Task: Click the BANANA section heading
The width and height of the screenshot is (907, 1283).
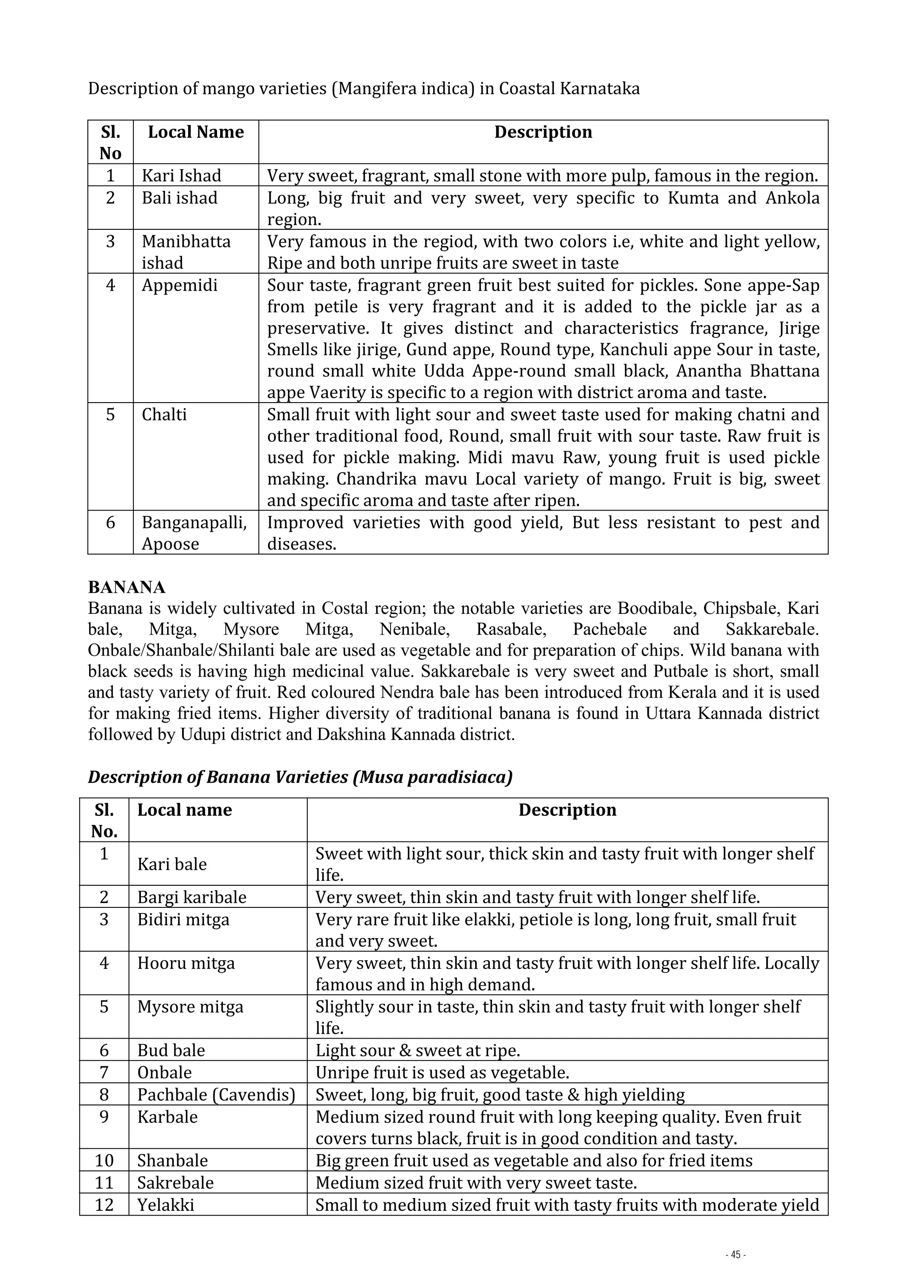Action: (127, 587)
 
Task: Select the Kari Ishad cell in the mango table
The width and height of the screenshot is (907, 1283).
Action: (182, 176)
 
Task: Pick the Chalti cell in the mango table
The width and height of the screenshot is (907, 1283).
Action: (164, 415)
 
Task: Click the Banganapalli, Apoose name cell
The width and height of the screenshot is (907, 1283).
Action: (194, 532)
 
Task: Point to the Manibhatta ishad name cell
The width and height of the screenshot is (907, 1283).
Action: (186, 252)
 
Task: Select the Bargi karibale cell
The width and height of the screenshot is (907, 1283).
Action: (192, 897)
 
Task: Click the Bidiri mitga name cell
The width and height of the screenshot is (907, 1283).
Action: (183, 919)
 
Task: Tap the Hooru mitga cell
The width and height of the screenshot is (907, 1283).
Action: (186, 963)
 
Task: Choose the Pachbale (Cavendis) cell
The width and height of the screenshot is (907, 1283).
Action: (216, 1095)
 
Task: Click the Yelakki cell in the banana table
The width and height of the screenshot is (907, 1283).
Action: (166, 1204)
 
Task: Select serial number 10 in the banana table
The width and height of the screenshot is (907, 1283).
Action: (105, 1161)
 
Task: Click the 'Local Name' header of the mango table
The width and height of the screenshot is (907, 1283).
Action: (196, 132)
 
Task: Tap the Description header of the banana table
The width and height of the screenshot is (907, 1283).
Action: (567, 810)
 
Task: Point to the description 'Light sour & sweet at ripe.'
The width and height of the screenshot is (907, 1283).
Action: (418, 1050)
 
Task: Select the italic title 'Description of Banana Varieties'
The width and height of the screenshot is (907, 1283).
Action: (300, 777)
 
